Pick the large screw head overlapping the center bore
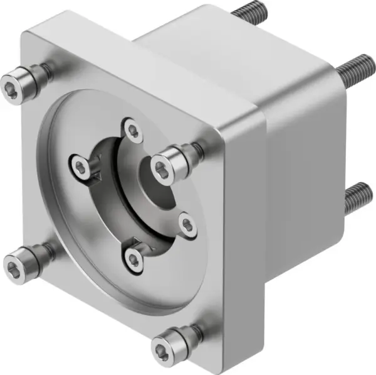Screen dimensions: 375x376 [164, 167]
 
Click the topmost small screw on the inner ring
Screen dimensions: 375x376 [132, 131]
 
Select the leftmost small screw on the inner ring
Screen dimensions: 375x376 [80, 166]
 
